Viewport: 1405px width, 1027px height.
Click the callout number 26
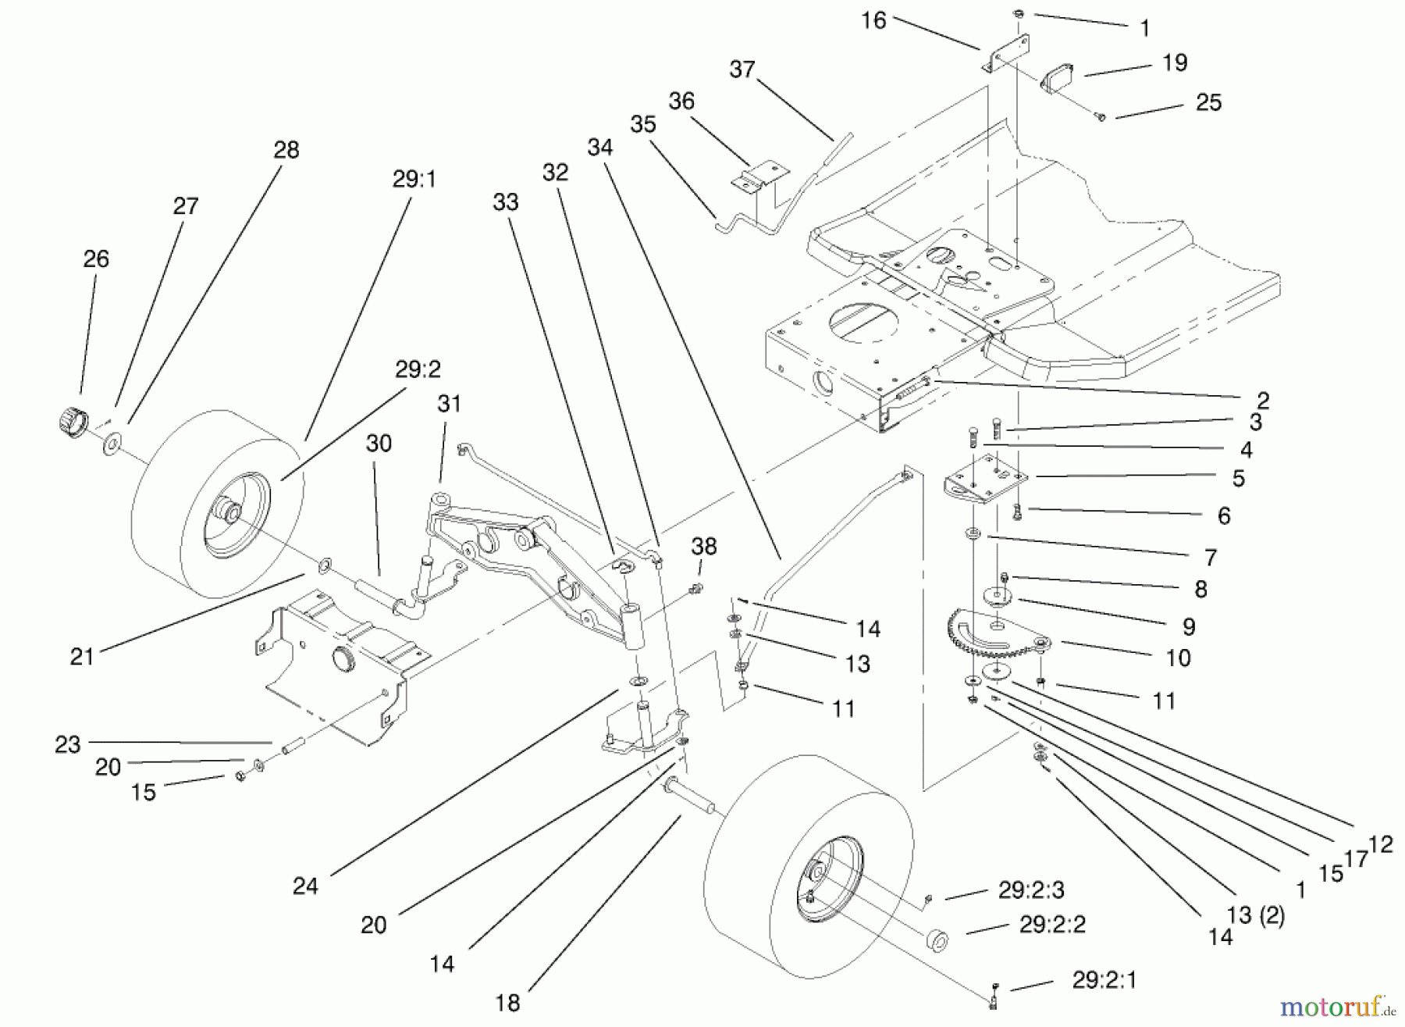click(96, 259)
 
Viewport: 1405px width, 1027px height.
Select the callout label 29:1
click(414, 180)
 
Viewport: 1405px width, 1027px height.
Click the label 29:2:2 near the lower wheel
click(1052, 925)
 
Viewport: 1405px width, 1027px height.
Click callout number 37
click(742, 70)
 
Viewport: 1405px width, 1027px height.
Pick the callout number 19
click(1175, 62)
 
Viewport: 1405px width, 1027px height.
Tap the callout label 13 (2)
click(1255, 915)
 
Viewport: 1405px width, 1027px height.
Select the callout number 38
click(703, 547)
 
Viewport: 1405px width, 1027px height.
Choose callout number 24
click(305, 886)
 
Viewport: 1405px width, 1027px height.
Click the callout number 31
click(449, 404)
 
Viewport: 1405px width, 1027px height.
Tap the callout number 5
click(1238, 478)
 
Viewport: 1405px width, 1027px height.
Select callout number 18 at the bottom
click(507, 1003)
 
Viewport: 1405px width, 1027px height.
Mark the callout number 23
click(68, 744)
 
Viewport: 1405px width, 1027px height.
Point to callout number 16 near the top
click(873, 20)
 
